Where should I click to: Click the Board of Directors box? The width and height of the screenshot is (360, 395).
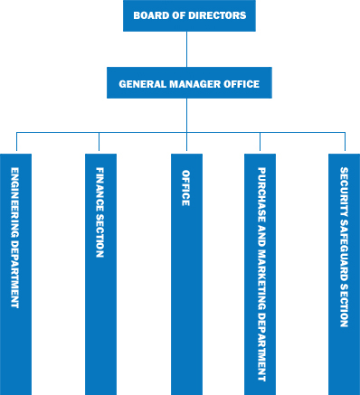189,15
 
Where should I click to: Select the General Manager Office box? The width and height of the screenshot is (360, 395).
189,84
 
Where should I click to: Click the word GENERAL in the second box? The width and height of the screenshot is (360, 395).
140,84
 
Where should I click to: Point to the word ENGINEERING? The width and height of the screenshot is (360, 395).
15,200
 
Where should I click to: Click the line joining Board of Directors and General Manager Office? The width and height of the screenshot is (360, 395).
189,49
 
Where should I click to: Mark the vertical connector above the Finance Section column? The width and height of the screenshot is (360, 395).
100,142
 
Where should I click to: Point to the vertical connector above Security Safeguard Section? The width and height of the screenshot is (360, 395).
344,142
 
